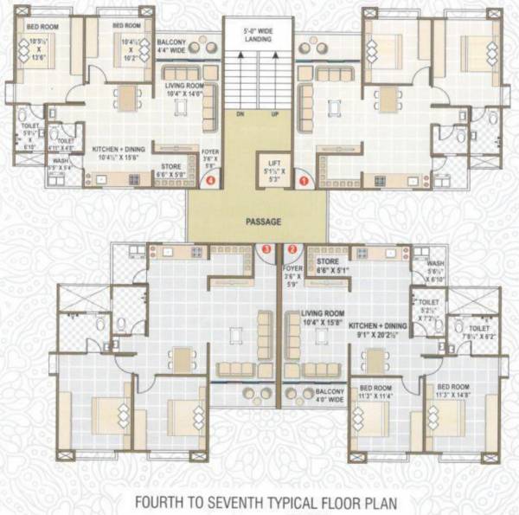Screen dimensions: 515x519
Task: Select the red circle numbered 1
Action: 303,181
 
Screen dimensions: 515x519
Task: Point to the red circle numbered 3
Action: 266,249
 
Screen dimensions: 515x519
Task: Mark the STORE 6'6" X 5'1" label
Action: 330,263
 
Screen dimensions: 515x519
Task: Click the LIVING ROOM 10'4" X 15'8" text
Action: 326,318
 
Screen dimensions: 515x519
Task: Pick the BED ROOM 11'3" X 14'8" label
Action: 456,390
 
